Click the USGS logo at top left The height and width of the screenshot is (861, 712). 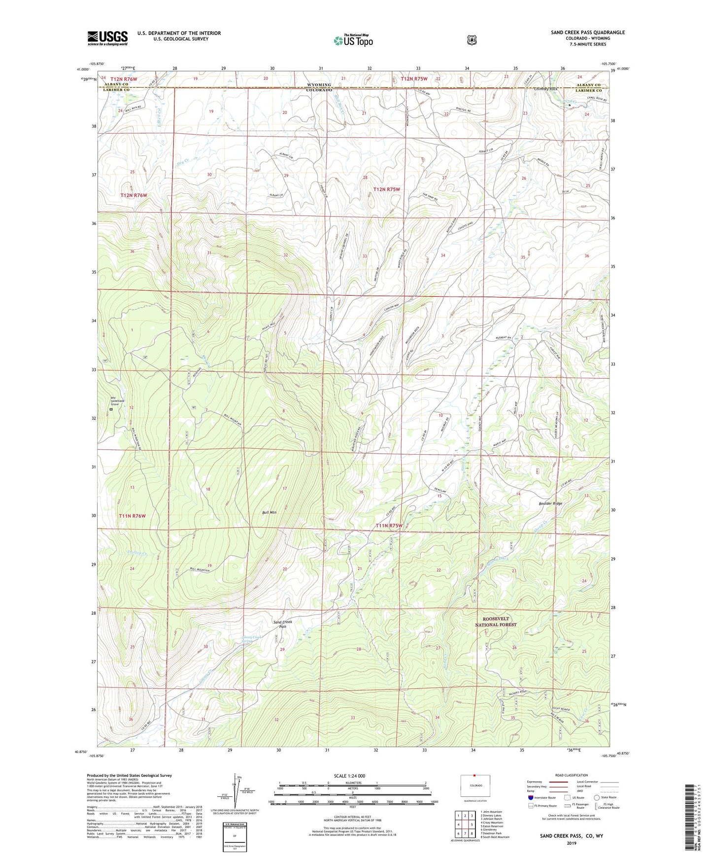point(107,38)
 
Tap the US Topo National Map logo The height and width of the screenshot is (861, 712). point(353,40)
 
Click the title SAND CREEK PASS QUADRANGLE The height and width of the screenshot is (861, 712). point(587,33)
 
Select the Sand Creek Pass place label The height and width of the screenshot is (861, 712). point(283,624)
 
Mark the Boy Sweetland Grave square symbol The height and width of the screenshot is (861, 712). point(111,409)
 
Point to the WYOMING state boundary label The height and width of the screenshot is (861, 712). point(319,85)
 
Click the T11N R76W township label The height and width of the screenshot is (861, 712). point(132,516)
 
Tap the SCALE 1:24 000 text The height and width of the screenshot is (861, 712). point(349,776)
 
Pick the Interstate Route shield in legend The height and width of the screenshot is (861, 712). point(530,797)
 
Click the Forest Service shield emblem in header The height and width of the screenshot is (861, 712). point(472,40)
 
